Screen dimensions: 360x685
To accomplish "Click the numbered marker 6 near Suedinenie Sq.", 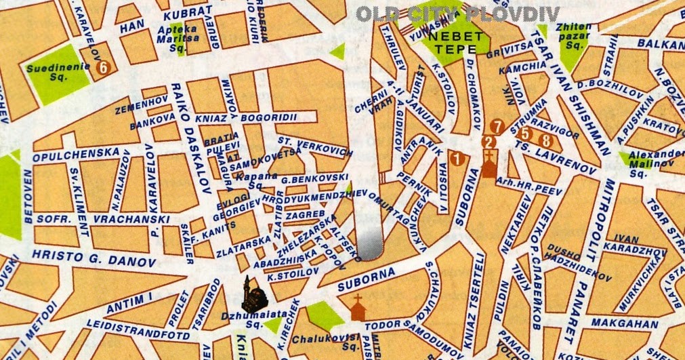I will click(102, 67).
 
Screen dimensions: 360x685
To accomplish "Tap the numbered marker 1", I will click(457, 160).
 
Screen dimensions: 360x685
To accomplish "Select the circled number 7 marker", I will click(498, 126).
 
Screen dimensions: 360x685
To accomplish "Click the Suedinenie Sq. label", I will click(51, 73).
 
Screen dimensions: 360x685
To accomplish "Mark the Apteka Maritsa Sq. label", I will click(177, 35).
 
